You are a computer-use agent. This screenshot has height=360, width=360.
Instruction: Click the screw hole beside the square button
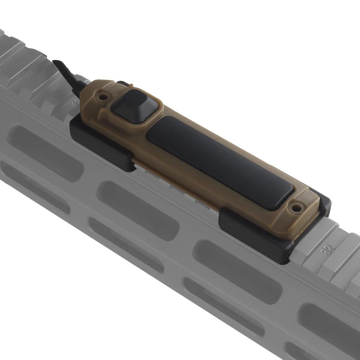pyautogui.click(x=104, y=96)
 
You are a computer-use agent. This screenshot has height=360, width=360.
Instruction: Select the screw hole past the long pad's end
pyautogui.click(x=296, y=208)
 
